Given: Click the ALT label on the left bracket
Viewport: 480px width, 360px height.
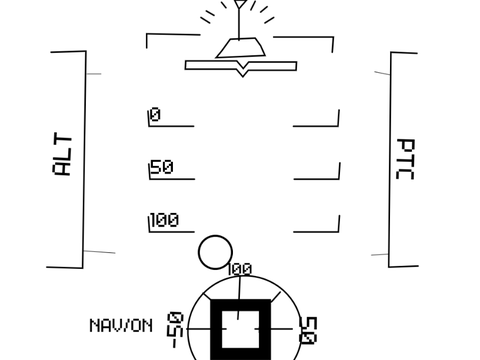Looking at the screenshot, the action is pyautogui.click(x=62, y=154).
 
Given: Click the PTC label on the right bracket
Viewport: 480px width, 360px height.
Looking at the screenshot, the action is pyautogui.click(x=405, y=159).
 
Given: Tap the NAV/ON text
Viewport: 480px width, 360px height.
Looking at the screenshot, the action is pyautogui.click(x=121, y=326).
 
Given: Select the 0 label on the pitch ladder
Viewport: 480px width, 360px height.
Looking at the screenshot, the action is pyautogui.click(x=155, y=114).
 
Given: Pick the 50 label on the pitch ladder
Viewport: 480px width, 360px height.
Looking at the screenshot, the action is pyautogui.click(x=162, y=167).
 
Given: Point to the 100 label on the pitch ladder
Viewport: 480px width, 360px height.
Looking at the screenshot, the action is pyautogui.click(x=165, y=220).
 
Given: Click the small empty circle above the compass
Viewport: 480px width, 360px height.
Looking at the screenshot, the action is pyautogui.click(x=215, y=252).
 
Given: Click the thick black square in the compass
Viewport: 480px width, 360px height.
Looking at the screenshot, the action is pyautogui.click(x=241, y=330).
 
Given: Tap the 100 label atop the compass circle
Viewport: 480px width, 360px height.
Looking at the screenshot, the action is pyautogui.click(x=239, y=269).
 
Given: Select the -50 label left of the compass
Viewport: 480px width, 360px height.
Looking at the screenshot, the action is pyautogui.click(x=175, y=330).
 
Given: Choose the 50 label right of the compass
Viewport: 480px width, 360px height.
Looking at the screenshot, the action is pyautogui.click(x=309, y=330).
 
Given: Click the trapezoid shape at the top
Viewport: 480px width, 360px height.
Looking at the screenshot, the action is pyautogui.click(x=241, y=48).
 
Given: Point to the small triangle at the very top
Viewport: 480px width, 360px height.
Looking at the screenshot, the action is pyautogui.click(x=240, y=4).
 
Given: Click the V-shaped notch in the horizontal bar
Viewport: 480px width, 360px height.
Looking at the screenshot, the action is pyautogui.click(x=242, y=69).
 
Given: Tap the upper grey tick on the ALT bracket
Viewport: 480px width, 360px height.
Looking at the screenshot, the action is pyautogui.click(x=93, y=74).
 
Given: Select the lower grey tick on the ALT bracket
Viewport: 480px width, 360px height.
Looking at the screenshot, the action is pyautogui.click(x=99, y=252).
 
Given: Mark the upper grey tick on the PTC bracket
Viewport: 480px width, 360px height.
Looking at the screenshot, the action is pyautogui.click(x=382, y=73).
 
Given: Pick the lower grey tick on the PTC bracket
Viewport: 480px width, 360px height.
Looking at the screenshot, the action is pyautogui.click(x=380, y=255).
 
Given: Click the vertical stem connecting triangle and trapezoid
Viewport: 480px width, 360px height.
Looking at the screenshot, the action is pyautogui.click(x=239, y=23).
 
